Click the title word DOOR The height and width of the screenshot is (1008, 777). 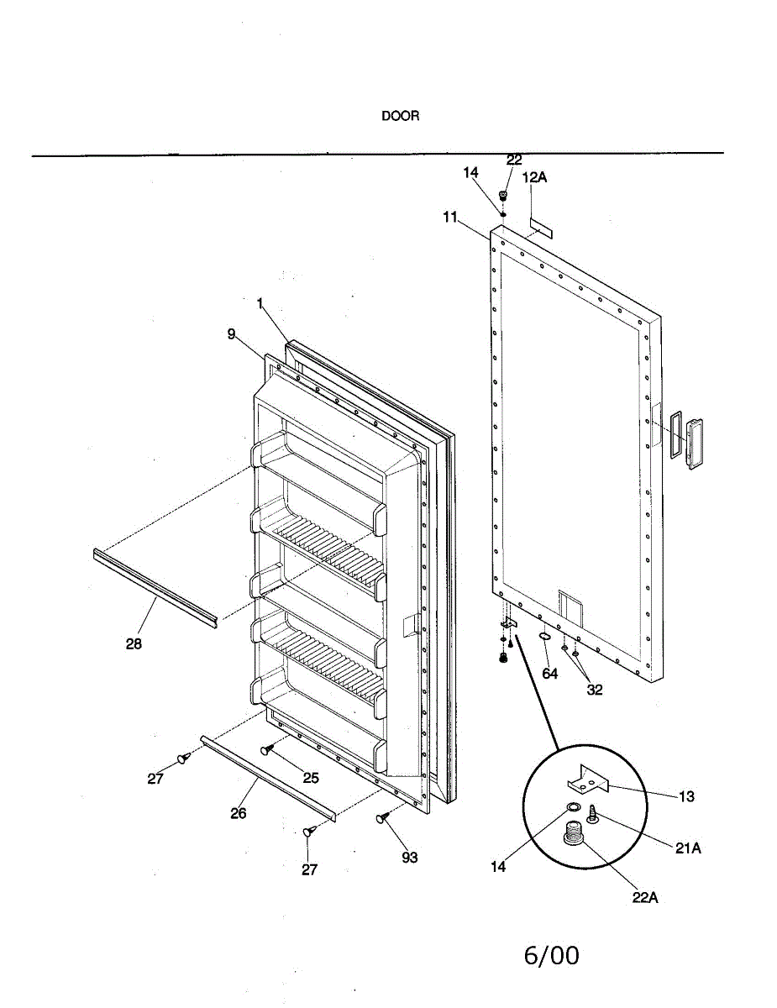(x=400, y=117)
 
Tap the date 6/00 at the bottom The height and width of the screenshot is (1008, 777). (x=551, y=955)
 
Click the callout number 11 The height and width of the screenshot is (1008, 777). (x=450, y=217)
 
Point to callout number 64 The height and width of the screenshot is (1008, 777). (x=549, y=674)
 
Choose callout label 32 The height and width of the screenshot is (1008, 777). (x=595, y=690)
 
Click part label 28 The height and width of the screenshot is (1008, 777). (x=134, y=644)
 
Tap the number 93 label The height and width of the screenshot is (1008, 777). (x=409, y=858)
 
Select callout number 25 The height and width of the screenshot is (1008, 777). (x=311, y=778)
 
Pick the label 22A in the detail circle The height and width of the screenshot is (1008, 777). (x=645, y=897)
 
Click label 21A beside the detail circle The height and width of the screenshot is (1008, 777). (x=688, y=848)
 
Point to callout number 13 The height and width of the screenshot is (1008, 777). (x=687, y=796)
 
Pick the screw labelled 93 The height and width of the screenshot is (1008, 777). (x=384, y=816)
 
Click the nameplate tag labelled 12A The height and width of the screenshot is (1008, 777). (x=540, y=227)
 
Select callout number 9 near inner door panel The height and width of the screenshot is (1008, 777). (x=231, y=334)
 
